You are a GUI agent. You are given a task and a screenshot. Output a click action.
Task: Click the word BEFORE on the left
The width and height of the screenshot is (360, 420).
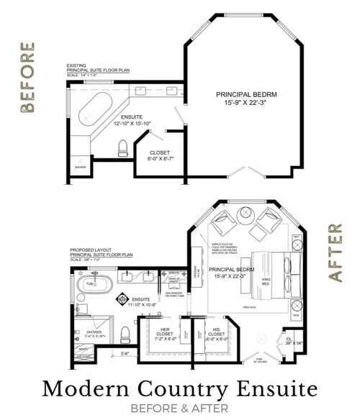point(27,78)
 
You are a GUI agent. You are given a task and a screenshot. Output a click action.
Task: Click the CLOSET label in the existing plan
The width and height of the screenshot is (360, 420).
point(159,152)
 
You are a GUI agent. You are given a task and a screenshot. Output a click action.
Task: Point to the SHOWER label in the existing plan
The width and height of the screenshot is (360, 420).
point(79,168)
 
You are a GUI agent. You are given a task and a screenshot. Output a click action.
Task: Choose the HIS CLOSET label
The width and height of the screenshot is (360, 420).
point(217,332)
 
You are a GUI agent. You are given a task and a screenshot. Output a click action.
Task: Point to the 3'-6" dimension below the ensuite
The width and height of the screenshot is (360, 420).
point(125,352)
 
